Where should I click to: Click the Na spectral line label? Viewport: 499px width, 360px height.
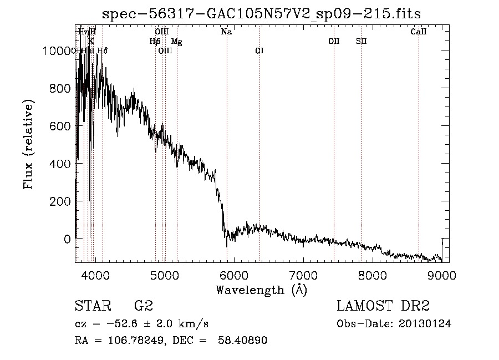[226, 32]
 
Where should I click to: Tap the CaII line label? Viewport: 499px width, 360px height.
[418, 32]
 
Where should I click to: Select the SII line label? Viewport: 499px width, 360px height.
[361, 41]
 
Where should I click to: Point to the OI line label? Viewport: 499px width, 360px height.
[259, 50]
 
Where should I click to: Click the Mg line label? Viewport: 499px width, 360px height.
[176, 42]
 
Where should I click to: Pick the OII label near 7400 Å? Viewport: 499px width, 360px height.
[334, 41]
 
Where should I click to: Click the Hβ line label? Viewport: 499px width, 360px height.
[155, 41]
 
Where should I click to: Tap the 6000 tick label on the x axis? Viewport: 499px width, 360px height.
[233, 274]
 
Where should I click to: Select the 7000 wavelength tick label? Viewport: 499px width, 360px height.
[303, 274]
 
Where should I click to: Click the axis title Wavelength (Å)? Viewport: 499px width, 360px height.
[261, 290]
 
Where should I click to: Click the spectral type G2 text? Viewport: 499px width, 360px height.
[144, 306]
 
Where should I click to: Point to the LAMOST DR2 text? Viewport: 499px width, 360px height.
[383, 306]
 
